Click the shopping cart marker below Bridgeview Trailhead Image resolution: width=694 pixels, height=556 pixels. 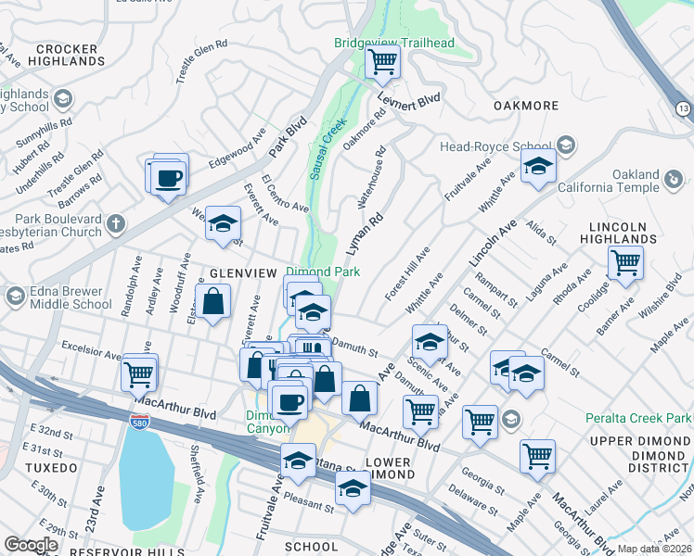(x=382, y=62)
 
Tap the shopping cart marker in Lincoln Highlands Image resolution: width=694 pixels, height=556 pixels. (x=625, y=262)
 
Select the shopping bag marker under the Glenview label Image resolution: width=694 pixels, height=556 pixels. (x=213, y=302)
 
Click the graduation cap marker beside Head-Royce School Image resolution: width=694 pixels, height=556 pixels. (x=537, y=168)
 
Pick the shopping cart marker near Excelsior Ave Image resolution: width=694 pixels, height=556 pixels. (x=138, y=374)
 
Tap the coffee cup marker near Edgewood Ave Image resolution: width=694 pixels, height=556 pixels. (x=168, y=176)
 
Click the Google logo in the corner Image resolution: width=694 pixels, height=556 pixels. (x=31, y=545)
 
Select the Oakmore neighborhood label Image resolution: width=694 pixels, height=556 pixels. (x=526, y=106)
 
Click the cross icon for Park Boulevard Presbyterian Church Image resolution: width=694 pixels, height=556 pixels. (x=115, y=223)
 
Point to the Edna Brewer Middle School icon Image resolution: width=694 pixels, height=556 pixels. (x=14, y=297)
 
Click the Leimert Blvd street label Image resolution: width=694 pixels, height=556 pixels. (x=407, y=98)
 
